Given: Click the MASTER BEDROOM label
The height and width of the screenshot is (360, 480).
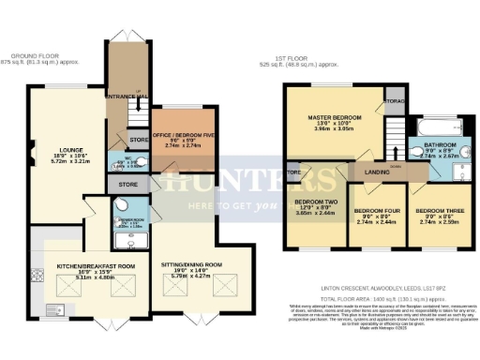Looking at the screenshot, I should point(335,118).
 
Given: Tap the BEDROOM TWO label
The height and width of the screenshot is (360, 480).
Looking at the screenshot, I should point(316,202).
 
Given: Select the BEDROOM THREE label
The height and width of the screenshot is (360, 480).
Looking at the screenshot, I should point(438,210).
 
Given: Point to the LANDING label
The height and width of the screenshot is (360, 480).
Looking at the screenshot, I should point(377,172).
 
